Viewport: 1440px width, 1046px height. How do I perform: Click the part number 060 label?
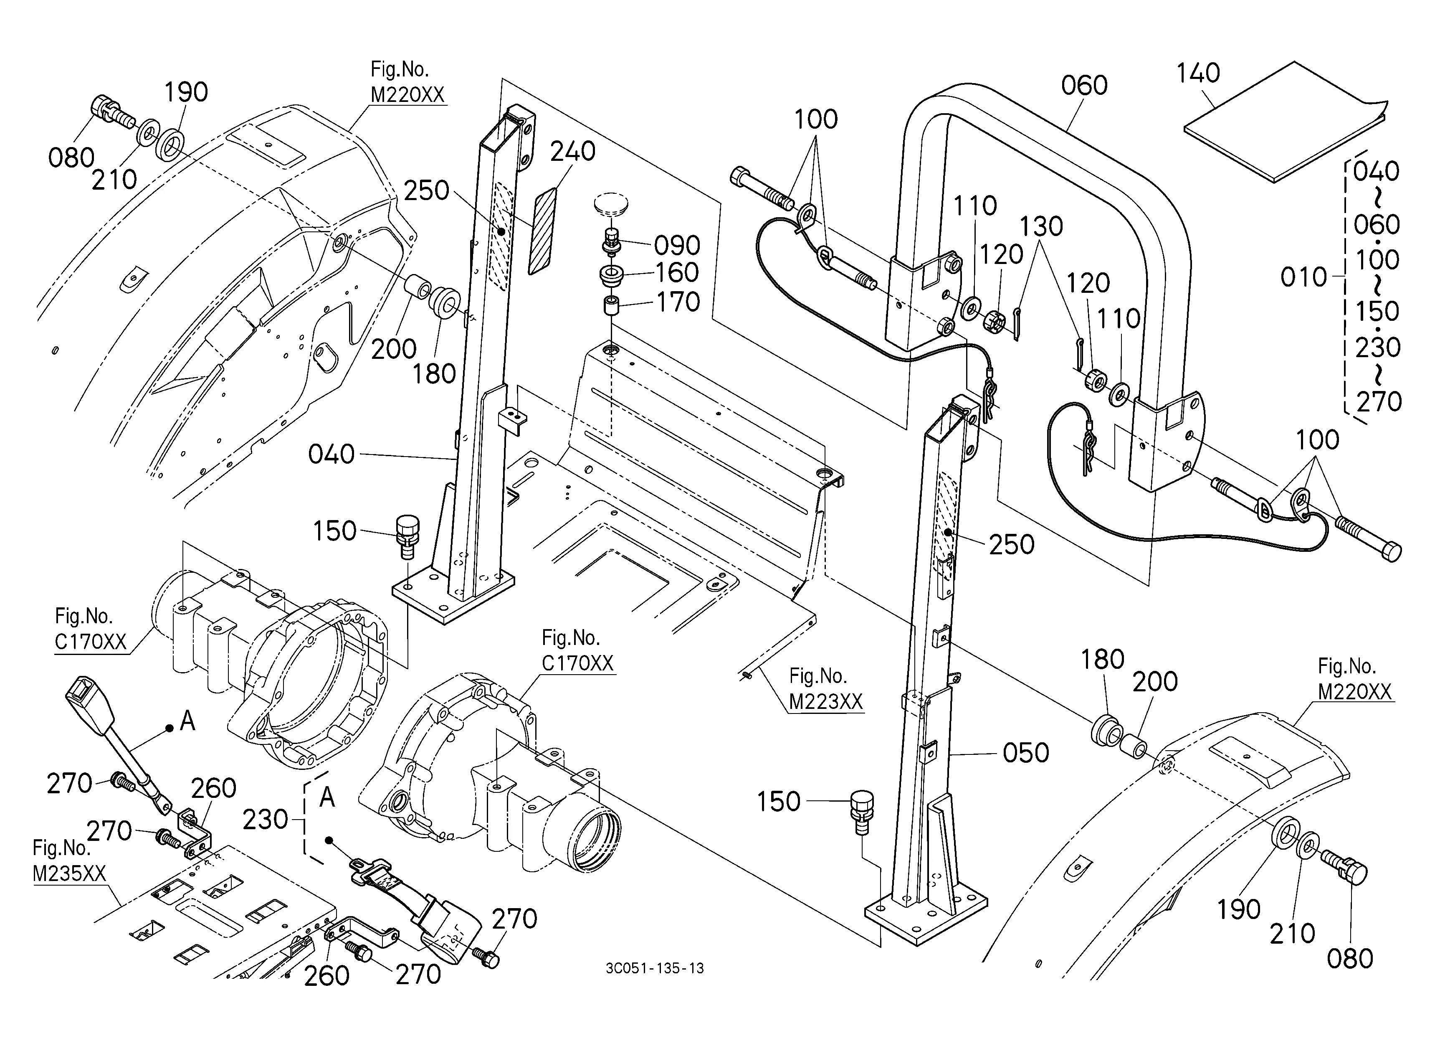[1084, 85]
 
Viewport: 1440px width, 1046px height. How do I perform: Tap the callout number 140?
[1198, 73]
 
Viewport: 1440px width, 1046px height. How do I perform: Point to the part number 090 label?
[677, 245]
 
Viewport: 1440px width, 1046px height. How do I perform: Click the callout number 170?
[678, 302]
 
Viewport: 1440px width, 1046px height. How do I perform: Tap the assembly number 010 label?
[1303, 277]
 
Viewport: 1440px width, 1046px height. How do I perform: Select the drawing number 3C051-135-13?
[655, 969]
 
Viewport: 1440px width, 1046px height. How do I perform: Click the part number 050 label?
[1025, 753]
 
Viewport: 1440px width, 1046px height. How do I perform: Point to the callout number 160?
[677, 273]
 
